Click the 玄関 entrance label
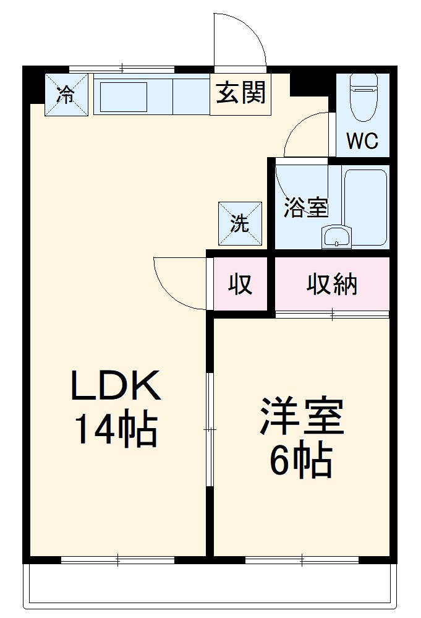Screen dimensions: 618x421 pos(241,93)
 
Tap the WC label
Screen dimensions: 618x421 pos(362,142)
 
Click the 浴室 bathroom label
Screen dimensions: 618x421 pos(305,207)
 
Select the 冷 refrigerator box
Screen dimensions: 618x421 pos(66,95)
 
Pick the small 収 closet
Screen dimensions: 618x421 pos(240,284)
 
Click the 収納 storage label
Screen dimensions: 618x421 pos(332,284)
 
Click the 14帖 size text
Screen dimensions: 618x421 pos(116,429)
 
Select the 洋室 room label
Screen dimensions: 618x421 pos(301,417)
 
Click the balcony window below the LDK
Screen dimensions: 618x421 pos(117,560)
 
